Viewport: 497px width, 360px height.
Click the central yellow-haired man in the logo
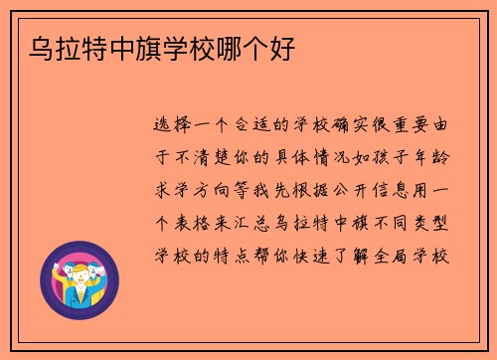(x=78, y=276)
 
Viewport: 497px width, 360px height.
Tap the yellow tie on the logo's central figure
(x=79, y=294)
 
